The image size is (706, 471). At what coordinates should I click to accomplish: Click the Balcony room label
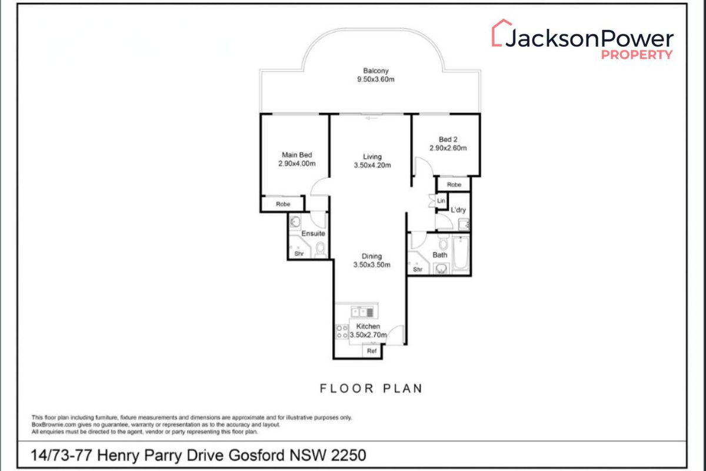tap(370, 71)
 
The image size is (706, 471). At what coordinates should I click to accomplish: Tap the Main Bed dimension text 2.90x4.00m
tap(298, 164)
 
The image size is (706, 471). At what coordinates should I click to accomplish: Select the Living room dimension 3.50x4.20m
tap(372, 165)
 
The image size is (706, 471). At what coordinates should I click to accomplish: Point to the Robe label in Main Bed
tap(283, 204)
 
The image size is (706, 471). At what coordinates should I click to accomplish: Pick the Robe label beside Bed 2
tap(454, 185)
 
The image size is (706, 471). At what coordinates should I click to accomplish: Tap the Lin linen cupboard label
tap(441, 201)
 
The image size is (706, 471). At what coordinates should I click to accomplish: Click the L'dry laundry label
tap(458, 210)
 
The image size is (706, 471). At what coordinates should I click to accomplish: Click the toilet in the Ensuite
tap(320, 250)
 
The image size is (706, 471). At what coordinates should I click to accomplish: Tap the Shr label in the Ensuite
tap(298, 254)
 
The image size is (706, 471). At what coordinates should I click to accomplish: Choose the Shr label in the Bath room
tap(418, 270)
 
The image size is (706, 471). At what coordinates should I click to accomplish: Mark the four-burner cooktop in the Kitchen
tap(341, 332)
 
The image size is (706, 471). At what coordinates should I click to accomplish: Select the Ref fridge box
tap(372, 351)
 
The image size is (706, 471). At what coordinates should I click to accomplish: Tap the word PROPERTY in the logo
tap(636, 54)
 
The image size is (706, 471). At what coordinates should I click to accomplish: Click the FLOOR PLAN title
tap(371, 389)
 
